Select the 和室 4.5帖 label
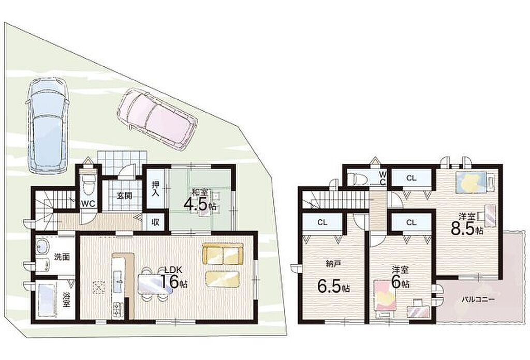[x=200, y=201]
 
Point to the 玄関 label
[x=125, y=195]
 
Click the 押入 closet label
[x=155, y=189]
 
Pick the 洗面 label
[x=62, y=257]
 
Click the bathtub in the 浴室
[x=46, y=300]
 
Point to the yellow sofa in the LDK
[x=223, y=254]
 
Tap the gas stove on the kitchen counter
[x=119, y=309]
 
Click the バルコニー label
[x=478, y=299]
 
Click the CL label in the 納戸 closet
[x=322, y=222]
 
